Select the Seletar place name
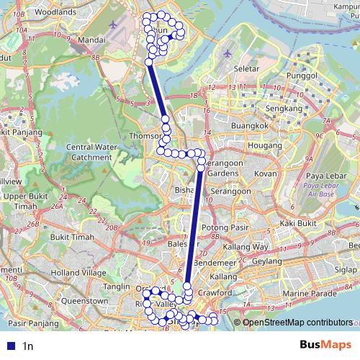point(246,68)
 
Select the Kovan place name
point(266,174)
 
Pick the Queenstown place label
point(85,300)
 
